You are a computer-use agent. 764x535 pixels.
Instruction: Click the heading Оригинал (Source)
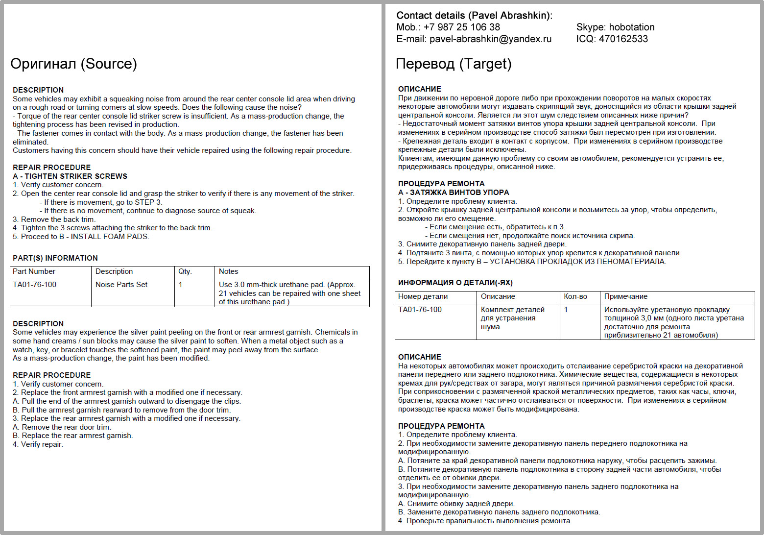coord(73,64)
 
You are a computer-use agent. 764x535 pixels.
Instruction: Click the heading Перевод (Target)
coord(453,64)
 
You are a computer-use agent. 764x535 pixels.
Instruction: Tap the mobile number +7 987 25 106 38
coord(461,27)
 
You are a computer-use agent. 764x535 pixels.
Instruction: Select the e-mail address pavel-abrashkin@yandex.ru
coord(490,39)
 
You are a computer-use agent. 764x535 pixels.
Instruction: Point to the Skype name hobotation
coord(632,27)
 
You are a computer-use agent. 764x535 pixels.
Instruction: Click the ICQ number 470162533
coord(623,39)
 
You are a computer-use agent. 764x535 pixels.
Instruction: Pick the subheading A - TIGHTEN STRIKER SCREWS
coord(70,176)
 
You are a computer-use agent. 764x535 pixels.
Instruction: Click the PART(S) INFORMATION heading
coord(55,258)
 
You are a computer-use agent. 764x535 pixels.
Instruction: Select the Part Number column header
coord(34,271)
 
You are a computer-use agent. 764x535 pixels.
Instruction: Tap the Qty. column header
coord(185,271)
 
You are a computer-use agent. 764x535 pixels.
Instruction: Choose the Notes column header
coord(229,271)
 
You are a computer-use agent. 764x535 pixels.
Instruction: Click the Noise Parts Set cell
coord(121,285)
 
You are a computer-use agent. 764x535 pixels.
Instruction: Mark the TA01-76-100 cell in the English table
coord(35,285)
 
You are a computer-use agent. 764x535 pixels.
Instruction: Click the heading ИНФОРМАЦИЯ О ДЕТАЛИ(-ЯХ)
coord(455,283)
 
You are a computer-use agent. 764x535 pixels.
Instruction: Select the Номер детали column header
coord(423,296)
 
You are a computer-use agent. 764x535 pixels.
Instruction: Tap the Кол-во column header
coord(575,296)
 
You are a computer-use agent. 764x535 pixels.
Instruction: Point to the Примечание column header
coord(626,296)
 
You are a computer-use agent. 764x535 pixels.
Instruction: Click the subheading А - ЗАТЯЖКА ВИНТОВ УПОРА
coord(454,193)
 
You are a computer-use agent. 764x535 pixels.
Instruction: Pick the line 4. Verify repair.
coord(38,444)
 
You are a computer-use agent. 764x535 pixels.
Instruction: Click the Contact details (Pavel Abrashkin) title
coord(474,16)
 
